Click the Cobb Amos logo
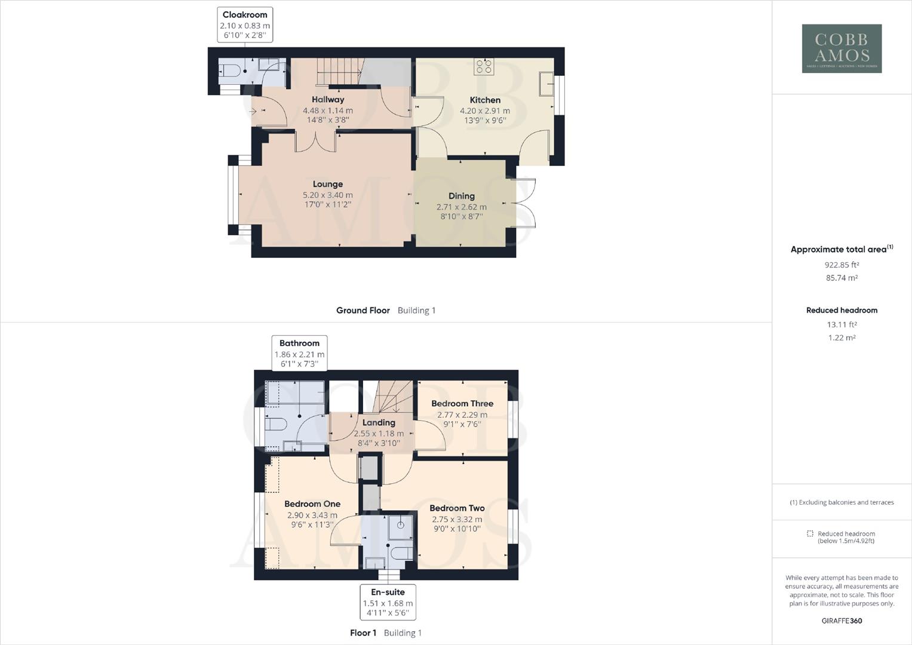(842, 48)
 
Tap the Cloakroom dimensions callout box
(245, 24)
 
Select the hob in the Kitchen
(484, 67)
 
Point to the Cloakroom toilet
(230, 72)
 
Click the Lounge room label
(327, 185)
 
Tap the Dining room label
(462, 196)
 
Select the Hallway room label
(328, 100)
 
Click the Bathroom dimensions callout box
(299, 353)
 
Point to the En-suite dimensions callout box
(388, 602)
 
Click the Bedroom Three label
(462, 404)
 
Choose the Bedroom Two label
(457, 508)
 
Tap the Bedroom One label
(312, 504)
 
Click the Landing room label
(379, 423)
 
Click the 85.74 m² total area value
(842, 278)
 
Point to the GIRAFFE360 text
(842, 621)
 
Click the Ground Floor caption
(363, 311)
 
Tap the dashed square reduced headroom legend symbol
(810, 534)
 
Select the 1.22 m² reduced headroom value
(842, 337)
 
